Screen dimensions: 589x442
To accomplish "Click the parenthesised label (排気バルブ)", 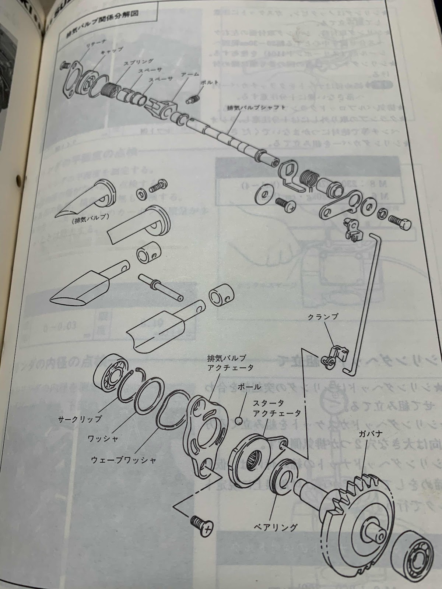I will (88, 222).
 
